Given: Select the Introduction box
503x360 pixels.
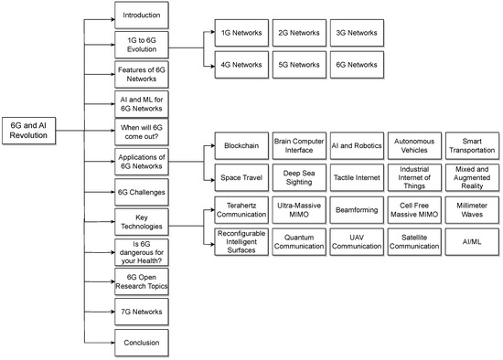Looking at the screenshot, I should point(142,16).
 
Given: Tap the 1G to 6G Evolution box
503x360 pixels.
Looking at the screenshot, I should point(142,47).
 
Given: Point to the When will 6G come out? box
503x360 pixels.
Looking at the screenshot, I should point(142,128).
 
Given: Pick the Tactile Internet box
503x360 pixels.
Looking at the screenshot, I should point(352,176).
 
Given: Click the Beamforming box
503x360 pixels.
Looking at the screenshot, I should point(352,209).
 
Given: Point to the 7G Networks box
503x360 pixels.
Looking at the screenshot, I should point(142,312).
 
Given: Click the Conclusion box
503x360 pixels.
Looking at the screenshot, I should point(142,344).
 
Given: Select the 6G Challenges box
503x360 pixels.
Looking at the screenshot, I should point(142,191).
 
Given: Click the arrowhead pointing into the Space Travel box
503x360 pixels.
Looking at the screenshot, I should point(209,176).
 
